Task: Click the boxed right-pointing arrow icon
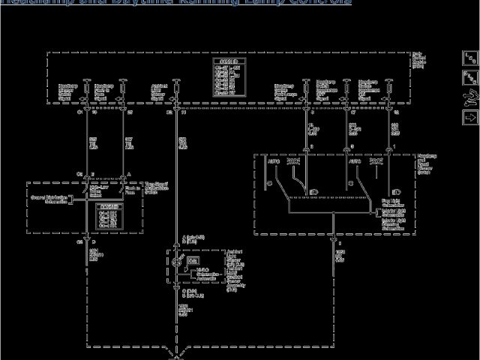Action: click(470, 117)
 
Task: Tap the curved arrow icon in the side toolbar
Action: click(470, 97)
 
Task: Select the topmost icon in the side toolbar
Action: click(470, 58)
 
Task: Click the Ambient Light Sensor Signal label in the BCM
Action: click(159, 92)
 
